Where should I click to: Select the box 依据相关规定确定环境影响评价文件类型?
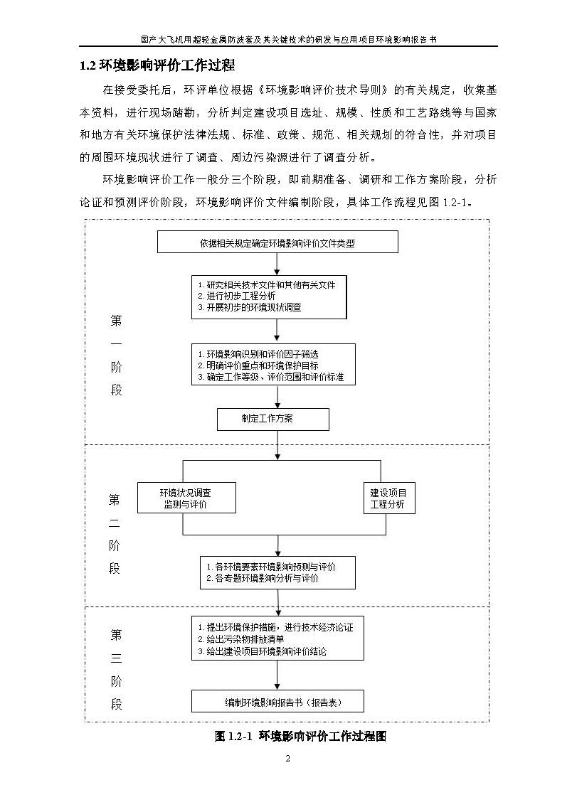277,243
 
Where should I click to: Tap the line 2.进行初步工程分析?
237,296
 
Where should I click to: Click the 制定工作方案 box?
272,419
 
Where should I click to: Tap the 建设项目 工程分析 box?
388,498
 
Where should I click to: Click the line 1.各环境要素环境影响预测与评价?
270,567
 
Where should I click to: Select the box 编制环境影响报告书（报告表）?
277,702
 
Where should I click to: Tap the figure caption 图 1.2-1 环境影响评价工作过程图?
300,736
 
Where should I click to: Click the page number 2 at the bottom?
288,759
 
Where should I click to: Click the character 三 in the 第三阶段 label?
116,658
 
